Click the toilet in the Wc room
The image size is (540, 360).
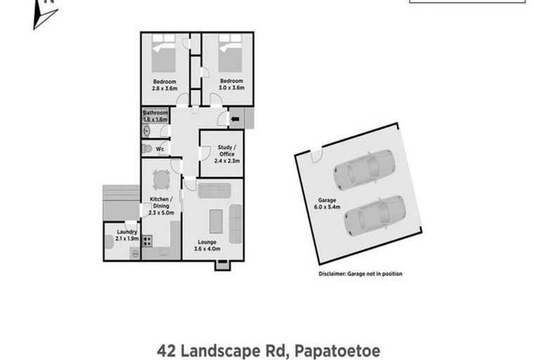point(147,148)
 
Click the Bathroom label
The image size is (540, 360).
point(155,112)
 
